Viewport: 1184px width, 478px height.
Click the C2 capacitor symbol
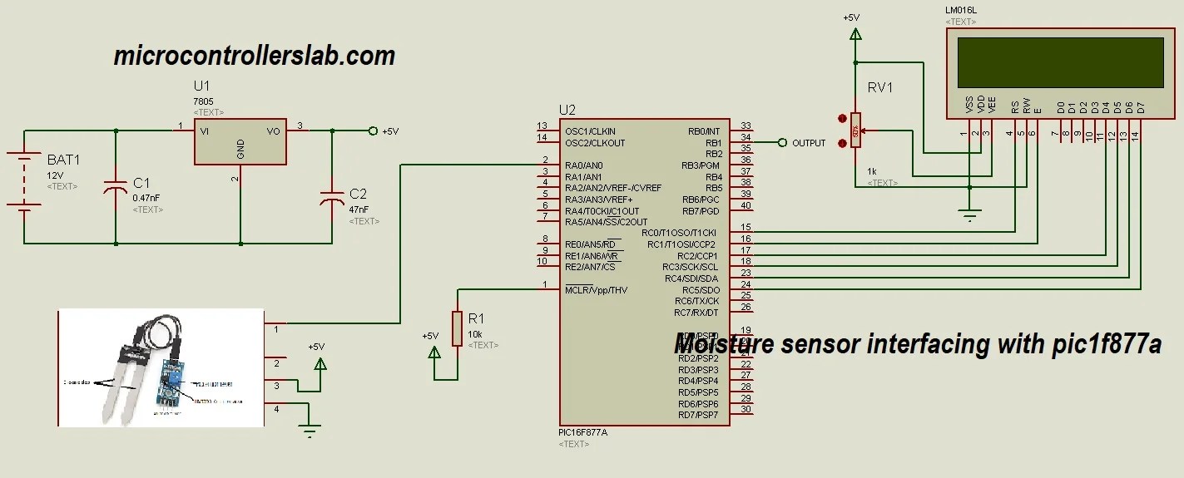[x=332, y=200]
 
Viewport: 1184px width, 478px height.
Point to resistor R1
[x=457, y=328]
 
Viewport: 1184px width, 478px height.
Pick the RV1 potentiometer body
[x=855, y=131]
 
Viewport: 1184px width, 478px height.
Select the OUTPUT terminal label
[x=809, y=143]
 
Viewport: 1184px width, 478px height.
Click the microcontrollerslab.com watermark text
[x=254, y=56]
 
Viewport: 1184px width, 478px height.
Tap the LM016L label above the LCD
[x=961, y=11]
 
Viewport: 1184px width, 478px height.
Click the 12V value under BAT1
[x=55, y=175]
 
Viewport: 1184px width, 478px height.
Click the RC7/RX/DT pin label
[x=696, y=313]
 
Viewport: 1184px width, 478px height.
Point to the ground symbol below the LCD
[x=969, y=215]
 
